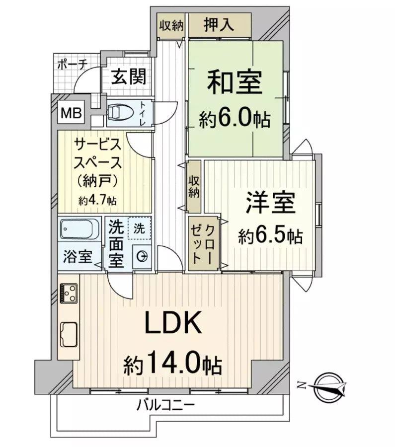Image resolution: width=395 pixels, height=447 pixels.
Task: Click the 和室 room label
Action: tap(235, 82)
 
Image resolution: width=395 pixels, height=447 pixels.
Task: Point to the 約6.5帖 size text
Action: tap(270, 236)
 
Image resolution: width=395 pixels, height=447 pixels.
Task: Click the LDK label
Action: tap(172, 324)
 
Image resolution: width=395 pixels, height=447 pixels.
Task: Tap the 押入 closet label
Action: tap(219, 25)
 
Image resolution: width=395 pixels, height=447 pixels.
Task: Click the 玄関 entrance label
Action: tap(128, 77)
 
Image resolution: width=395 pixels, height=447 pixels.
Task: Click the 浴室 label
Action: tap(77, 257)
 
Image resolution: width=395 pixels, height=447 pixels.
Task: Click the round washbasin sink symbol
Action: tap(142, 256)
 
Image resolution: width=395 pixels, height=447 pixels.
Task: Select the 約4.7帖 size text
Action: tap(97, 201)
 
